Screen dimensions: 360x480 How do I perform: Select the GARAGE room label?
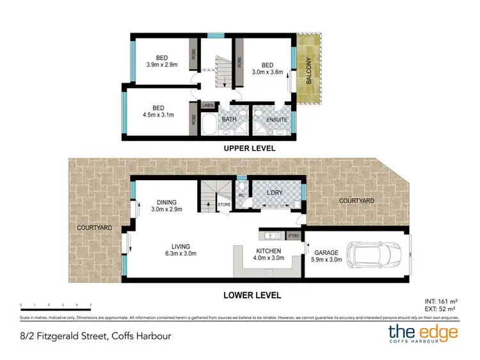324,251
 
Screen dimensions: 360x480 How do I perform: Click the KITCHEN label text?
269,250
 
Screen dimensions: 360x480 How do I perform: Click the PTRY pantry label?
294,235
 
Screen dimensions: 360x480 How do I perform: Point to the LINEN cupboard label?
207,105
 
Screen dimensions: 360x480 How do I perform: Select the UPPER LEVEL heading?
249,148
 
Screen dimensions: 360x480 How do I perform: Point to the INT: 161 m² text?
441,300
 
